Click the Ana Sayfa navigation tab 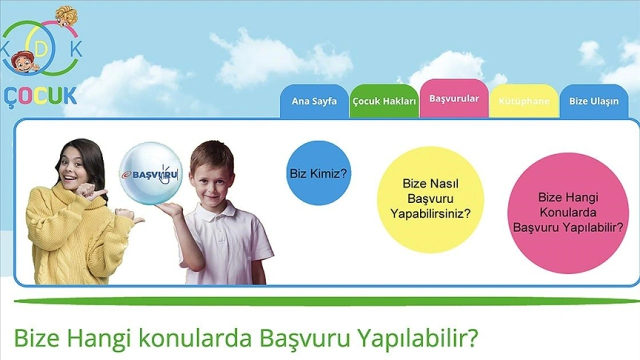tap(314, 101)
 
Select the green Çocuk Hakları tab tap(384, 101)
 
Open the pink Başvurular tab tap(454, 98)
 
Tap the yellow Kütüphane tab tap(524, 101)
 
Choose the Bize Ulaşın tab tap(594, 101)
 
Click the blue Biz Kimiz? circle tap(318, 173)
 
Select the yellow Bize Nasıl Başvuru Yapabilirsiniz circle tap(430, 199)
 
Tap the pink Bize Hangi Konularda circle tap(568, 213)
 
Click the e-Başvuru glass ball tap(151, 173)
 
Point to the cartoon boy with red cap tap(24, 62)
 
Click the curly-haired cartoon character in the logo tap(66, 16)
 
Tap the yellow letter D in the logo tap(42, 49)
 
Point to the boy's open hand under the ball tap(170, 209)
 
